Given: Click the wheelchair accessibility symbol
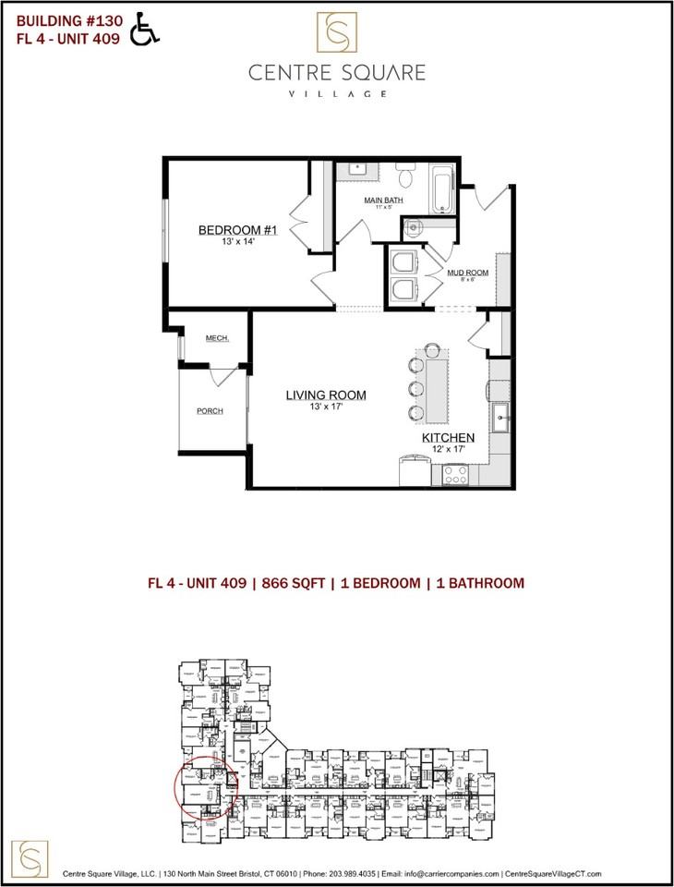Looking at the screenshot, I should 145,29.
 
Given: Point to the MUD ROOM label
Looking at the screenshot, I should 467,273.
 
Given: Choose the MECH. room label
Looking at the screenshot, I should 217,338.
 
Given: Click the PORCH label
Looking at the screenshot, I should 211,411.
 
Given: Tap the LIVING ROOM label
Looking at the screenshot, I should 325,395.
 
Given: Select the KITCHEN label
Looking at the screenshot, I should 448,437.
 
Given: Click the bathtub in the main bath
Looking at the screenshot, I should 442,188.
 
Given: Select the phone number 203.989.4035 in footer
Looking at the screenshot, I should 343,873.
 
